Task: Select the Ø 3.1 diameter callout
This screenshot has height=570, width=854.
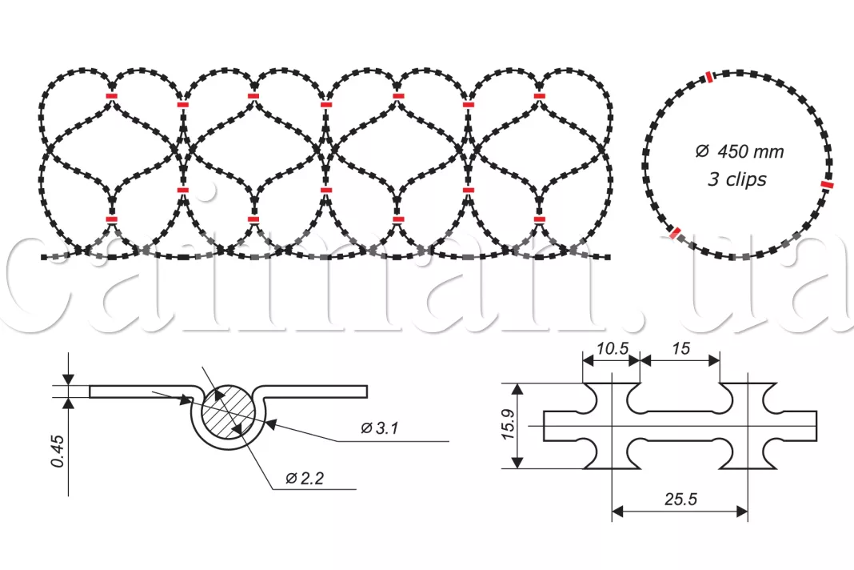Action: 379,429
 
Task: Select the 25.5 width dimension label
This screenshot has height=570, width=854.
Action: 680,499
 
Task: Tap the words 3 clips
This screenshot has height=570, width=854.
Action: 736,179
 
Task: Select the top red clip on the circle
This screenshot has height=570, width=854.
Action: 709,77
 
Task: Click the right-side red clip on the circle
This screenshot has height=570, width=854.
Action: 827,186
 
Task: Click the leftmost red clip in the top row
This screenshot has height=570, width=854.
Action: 112,96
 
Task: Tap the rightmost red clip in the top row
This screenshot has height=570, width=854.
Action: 540,97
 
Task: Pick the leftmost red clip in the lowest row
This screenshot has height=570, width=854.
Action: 112,219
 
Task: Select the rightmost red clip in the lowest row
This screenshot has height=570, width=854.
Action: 540,219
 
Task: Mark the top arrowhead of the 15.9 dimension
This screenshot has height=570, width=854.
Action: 518,390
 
